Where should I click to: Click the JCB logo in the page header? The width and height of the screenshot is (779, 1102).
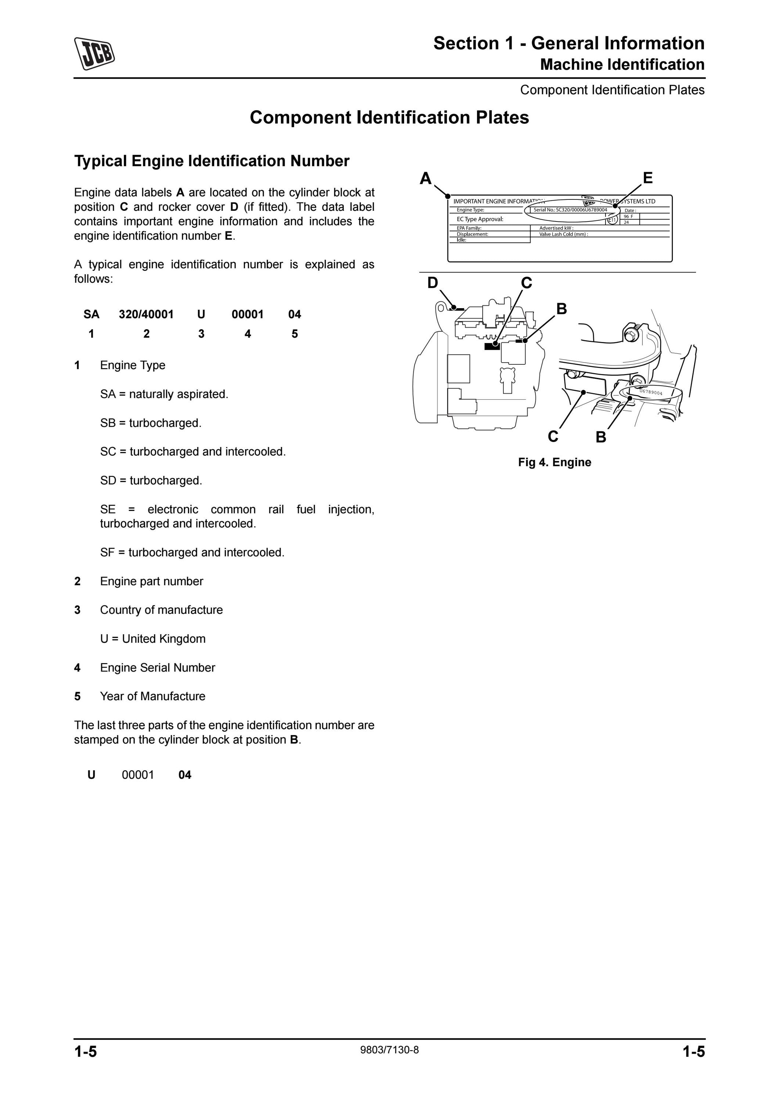pos(94,53)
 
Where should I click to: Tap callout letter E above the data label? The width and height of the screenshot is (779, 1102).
pos(647,178)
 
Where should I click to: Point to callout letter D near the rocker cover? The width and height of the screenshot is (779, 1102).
pos(432,283)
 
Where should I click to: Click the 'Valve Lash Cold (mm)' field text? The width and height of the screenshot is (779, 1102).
pos(564,234)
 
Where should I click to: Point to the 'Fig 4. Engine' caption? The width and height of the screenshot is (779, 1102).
pos(554,462)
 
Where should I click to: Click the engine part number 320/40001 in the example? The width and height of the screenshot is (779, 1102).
pos(146,314)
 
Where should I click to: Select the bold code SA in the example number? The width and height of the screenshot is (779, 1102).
pos(91,314)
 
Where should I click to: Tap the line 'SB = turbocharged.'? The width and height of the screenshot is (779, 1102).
pos(151,423)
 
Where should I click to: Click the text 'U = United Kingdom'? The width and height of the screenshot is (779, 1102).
pos(152,639)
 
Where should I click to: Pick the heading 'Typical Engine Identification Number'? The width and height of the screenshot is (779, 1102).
pos(212,161)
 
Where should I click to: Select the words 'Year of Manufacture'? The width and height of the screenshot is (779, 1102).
pos(152,696)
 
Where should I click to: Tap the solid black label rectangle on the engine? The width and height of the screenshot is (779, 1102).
pos(492,346)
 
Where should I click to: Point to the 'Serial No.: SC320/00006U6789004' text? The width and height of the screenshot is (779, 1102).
pos(570,210)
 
